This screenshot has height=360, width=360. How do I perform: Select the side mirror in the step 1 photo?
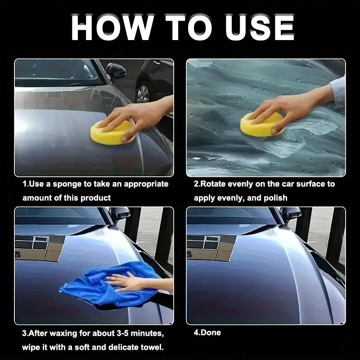click(x=116, y=71)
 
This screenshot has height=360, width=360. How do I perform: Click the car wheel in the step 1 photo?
click(x=143, y=94)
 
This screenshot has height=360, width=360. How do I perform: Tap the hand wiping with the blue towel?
click(x=126, y=283)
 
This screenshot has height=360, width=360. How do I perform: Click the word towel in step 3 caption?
click(x=151, y=347)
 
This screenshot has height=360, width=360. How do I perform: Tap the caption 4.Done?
click(x=207, y=333)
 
